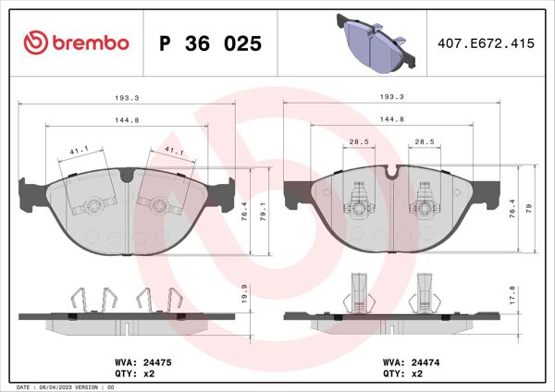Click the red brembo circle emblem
click(35, 43)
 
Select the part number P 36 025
click(210, 43)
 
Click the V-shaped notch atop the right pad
click(393, 172)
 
